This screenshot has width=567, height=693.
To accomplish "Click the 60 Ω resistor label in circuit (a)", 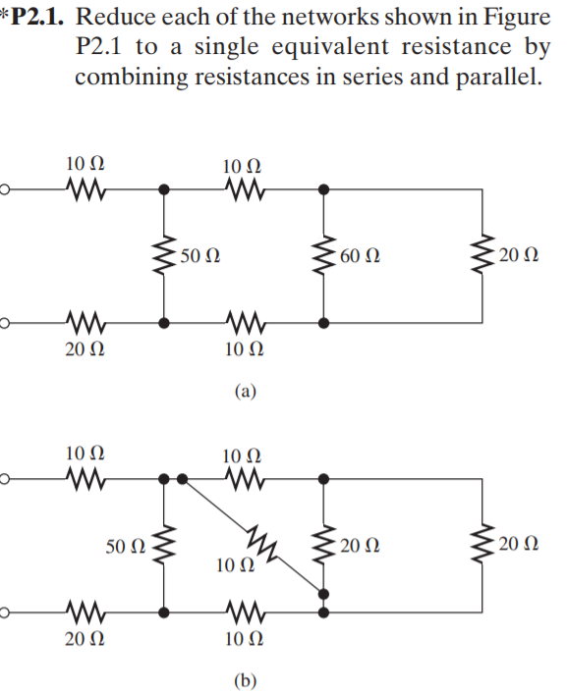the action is click(360, 255).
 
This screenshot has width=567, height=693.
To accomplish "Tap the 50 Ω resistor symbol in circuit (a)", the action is click(164, 255).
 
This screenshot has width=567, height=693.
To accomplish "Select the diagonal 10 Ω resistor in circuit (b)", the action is click(261, 542).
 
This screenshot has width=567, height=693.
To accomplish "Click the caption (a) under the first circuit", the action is click(246, 391).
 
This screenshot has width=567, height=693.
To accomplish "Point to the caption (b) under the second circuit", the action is click(246, 680).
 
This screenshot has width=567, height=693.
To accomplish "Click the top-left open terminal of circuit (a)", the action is click(4, 190).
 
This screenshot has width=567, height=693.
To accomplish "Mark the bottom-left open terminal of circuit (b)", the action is click(4, 613).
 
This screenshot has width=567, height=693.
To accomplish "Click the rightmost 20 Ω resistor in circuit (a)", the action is click(482, 255).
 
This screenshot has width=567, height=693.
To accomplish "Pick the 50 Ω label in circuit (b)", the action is click(125, 547).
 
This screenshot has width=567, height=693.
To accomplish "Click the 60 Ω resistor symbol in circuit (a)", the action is click(324, 255).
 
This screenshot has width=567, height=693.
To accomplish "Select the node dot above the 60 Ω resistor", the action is click(324, 190).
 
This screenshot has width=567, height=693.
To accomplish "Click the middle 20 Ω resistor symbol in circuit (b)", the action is click(324, 545).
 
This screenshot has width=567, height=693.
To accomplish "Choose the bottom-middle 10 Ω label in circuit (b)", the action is click(244, 639).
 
